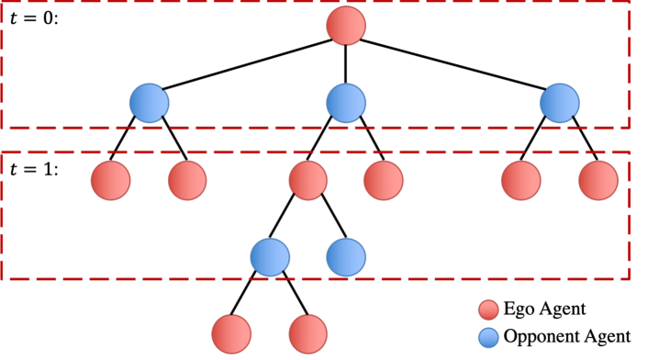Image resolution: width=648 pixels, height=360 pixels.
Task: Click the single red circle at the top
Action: [346, 26]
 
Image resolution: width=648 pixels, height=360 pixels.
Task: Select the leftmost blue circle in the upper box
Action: [149, 103]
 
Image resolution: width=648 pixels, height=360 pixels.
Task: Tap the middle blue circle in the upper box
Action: [346, 103]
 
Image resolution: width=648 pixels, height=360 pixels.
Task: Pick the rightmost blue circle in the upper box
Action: [559, 103]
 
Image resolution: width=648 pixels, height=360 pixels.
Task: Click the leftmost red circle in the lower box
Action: [110, 181]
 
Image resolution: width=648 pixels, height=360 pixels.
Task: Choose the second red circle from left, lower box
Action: [187, 181]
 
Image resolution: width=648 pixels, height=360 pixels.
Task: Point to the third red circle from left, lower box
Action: [307, 181]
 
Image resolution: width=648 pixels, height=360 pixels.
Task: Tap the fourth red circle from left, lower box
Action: [383, 181]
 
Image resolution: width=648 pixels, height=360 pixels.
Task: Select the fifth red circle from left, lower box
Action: [520, 181]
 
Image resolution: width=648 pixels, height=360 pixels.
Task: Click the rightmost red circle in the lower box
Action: [598, 181]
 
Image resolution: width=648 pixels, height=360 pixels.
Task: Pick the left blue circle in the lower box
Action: [270, 257]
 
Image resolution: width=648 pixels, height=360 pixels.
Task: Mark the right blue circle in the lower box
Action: [346, 257]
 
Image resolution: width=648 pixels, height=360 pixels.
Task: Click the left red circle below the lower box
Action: [231, 334]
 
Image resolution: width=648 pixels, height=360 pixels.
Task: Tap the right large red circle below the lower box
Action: [307, 334]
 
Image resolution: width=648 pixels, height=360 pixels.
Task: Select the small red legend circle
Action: [488, 310]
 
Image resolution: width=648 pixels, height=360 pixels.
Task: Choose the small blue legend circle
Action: [488, 338]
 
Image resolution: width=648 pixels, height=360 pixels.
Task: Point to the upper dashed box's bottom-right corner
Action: [628, 127]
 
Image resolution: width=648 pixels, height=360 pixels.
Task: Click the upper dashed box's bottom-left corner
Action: [3, 127]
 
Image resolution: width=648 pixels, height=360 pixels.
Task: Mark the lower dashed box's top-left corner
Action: [3, 152]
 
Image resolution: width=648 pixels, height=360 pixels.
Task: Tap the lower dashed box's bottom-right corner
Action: [628, 277]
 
